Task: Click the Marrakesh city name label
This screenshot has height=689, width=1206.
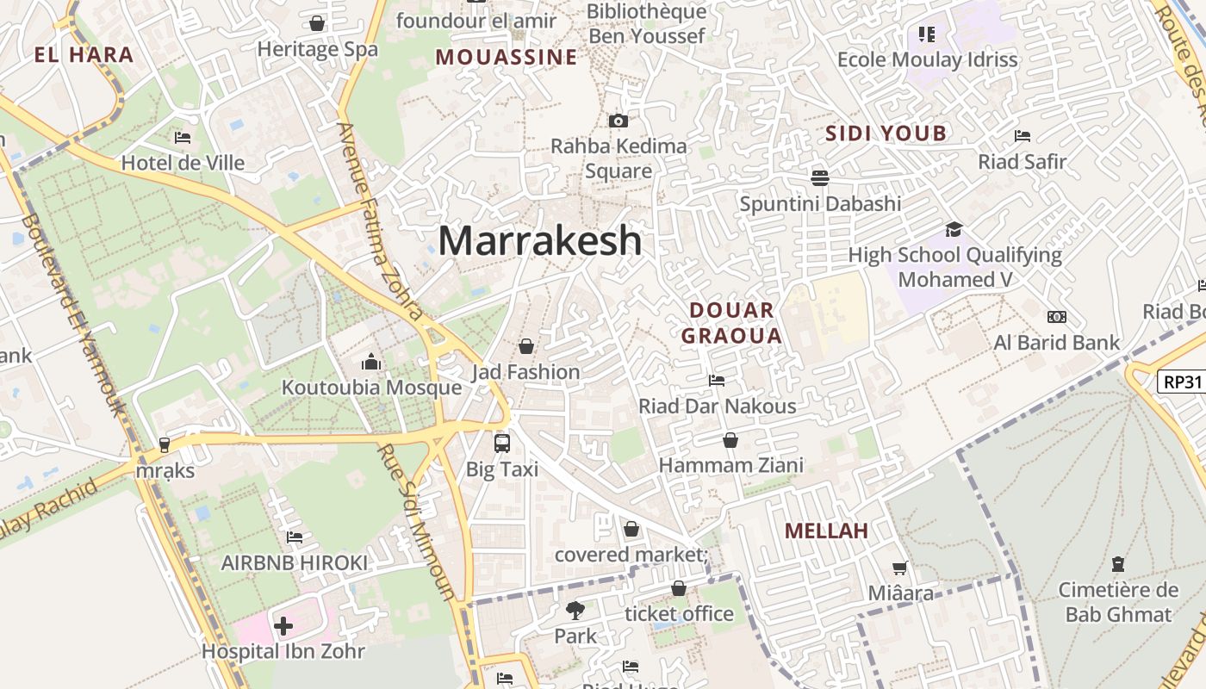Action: point(540,240)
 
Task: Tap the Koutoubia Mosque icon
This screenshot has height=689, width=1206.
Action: point(371,361)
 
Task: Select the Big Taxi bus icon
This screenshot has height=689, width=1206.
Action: point(501,444)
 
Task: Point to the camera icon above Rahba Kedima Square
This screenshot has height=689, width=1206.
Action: point(618,121)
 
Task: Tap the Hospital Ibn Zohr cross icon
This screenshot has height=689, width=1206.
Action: point(283,626)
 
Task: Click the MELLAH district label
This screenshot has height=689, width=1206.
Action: point(826,531)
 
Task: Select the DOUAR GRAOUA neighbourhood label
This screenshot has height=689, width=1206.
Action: point(731,323)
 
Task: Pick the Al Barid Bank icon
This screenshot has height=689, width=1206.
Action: point(1056,317)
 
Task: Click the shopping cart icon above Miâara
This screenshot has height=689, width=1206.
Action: point(900,568)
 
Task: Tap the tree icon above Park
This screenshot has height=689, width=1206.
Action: point(575,611)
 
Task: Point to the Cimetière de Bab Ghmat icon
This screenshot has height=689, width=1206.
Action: point(1118,565)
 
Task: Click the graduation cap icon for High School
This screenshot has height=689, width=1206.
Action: point(954,229)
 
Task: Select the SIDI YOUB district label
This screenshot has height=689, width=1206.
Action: point(886,133)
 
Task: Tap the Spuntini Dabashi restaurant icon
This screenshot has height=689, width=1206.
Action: point(819,177)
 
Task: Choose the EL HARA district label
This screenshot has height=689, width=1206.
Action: point(84,55)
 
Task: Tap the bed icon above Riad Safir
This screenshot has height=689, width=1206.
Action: point(1023,136)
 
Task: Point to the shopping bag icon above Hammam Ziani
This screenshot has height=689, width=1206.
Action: point(730,440)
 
